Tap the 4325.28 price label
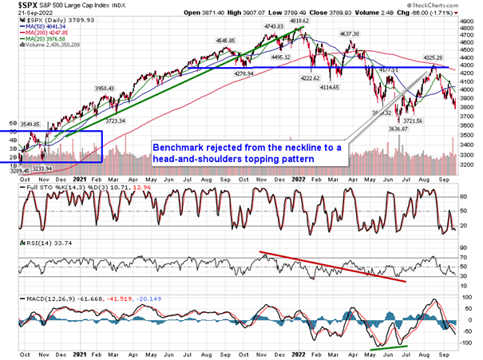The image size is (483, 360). point(433,57)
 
